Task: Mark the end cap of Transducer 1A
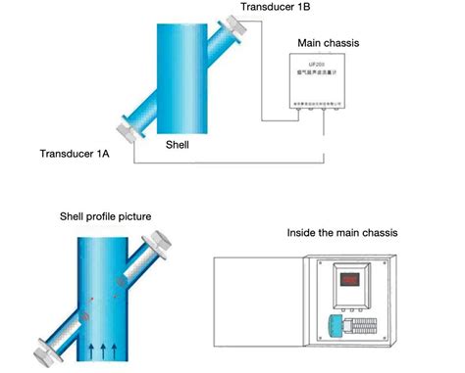pos(123,130)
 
